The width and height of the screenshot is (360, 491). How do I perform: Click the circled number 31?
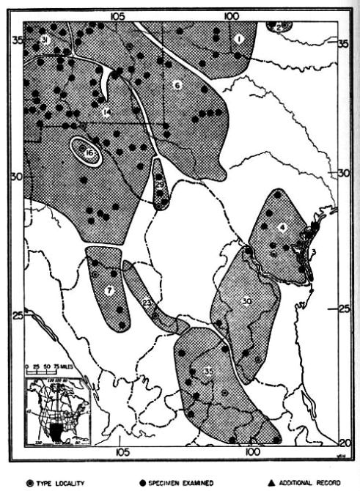44,39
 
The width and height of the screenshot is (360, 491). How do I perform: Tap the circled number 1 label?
239,38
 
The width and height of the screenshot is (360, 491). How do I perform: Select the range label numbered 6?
177,85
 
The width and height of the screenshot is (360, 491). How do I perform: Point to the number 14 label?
107,112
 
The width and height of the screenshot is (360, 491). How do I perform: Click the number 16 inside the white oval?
89,152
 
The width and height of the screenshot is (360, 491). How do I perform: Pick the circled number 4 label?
281,226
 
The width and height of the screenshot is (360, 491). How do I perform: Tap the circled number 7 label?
109,290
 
